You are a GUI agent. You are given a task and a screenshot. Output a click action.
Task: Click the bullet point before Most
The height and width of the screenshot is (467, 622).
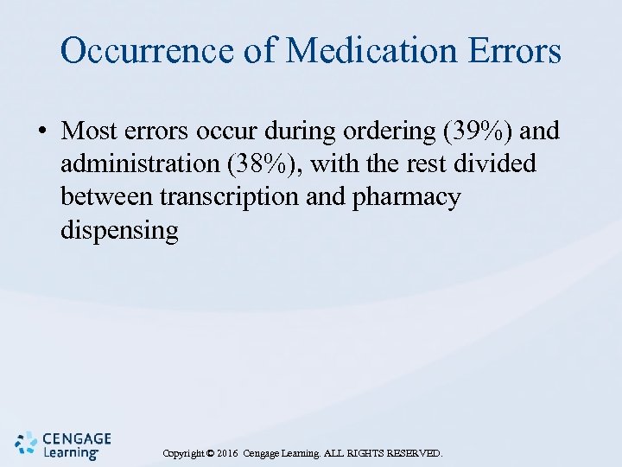(x=41, y=131)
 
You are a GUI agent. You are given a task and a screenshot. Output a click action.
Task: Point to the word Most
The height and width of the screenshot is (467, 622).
(x=94, y=131)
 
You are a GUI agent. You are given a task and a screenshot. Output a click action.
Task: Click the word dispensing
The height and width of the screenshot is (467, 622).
(x=119, y=232)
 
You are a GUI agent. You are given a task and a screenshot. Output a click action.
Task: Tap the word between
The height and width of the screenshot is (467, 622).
(x=107, y=197)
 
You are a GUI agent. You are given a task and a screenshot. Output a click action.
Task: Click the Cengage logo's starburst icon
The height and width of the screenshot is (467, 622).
(x=27, y=444)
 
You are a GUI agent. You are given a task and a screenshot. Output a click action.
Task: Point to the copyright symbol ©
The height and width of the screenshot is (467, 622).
(x=209, y=453)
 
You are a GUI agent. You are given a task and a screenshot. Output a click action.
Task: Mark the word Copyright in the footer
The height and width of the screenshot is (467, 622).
(x=182, y=453)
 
